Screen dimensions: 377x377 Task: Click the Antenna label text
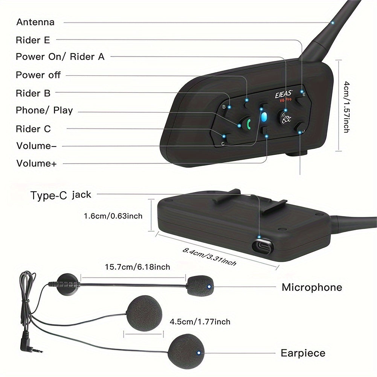coord(35,22)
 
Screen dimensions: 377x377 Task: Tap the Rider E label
coord(33,40)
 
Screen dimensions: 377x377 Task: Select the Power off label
coord(38,75)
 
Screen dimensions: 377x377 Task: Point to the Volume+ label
coord(36,163)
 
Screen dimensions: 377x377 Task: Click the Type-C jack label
coord(61,195)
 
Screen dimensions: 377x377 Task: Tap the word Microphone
coord(312,287)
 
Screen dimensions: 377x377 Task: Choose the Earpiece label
coord(303,353)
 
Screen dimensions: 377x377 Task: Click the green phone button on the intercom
coord(245,123)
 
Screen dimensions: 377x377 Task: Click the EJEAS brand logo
coord(284,94)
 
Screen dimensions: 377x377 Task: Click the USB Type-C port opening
coord(263,246)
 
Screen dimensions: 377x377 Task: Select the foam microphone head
coord(200,285)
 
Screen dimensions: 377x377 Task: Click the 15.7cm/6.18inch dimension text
coord(137,267)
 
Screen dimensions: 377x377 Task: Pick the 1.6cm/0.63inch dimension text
coord(113,216)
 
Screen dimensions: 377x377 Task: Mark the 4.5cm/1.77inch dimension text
coord(200,322)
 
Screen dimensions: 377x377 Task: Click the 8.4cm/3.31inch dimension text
coord(209,257)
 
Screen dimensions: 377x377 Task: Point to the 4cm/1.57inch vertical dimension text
coord(346,107)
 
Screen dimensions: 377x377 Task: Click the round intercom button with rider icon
coord(285,117)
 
